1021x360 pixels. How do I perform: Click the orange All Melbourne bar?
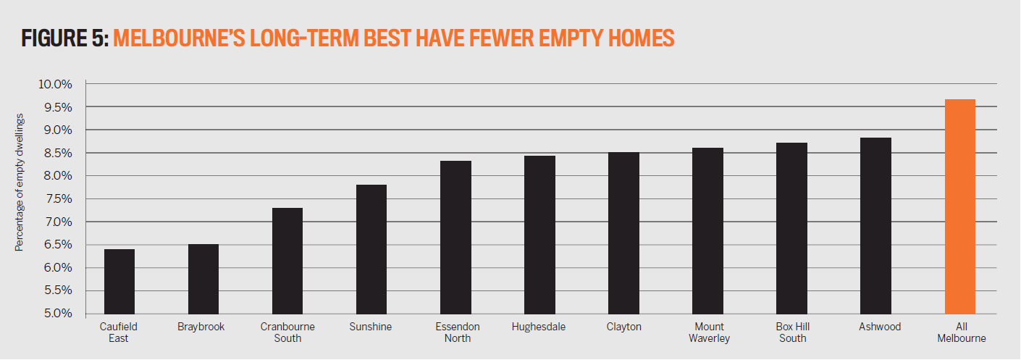960,206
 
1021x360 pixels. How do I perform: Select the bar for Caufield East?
119,282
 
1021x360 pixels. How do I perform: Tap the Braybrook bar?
203,279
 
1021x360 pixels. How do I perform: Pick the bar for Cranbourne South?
287,261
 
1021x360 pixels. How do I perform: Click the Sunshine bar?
371,249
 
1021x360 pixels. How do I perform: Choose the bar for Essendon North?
455,238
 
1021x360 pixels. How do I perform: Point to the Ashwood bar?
875,226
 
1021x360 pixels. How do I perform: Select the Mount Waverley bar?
707,231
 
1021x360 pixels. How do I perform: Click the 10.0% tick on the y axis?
55,84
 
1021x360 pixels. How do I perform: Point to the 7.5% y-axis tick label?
58,199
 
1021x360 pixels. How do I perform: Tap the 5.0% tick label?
58,314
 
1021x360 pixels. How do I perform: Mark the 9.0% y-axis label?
58,130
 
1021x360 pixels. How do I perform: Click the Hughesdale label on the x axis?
538,327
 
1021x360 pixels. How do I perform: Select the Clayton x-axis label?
623,327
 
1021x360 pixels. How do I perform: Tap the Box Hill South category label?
793,332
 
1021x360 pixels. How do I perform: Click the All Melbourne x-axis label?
962,332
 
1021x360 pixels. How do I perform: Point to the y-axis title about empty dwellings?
19,183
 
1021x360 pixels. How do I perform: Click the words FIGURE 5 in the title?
64,38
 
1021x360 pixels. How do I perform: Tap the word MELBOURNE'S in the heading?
179,38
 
